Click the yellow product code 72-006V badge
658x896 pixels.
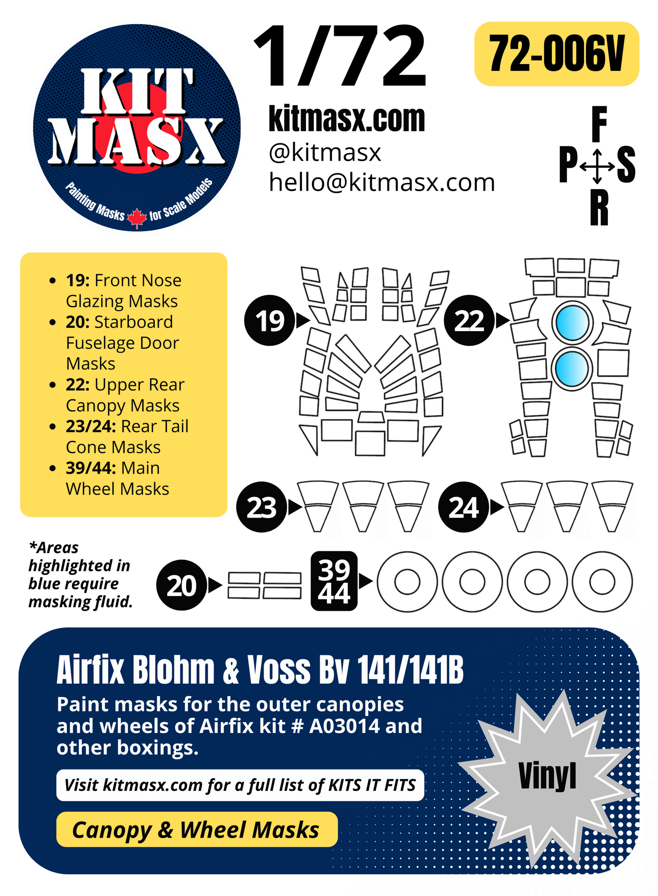click(x=556, y=54)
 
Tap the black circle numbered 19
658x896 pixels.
click(x=269, y=321)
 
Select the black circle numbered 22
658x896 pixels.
click(x=469, y=321)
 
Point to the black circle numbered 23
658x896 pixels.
click(x=261, y=507)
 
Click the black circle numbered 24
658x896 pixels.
click(x=463, y=507)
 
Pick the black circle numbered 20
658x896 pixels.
click(x=181, y=585)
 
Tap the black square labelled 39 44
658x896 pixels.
click(x=334, y=581)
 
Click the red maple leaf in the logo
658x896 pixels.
click(x=137, y=217)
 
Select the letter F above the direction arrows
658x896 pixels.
click(x=599, y=124)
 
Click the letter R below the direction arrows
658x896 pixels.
click(x=599, y=208)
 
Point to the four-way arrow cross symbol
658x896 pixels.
click(x=597, y=166)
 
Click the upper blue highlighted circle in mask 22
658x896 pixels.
click(x=572, y=322)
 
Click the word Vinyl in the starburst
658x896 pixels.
click(x=547, y=776)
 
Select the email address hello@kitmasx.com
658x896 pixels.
click(x=382, y=183)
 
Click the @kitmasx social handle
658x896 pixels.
click(x=325, y=153)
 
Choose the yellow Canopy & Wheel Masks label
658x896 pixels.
click(x=196, y=830)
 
